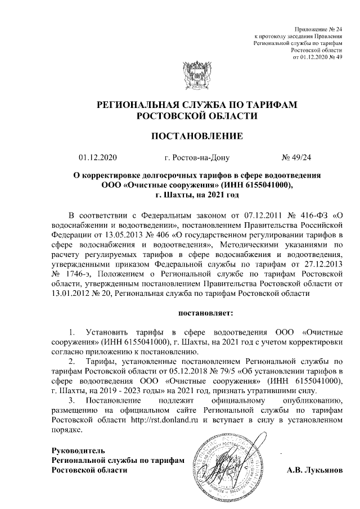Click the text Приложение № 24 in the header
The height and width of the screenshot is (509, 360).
click(318, 29)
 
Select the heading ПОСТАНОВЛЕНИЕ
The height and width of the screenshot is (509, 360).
click(197, 136)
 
